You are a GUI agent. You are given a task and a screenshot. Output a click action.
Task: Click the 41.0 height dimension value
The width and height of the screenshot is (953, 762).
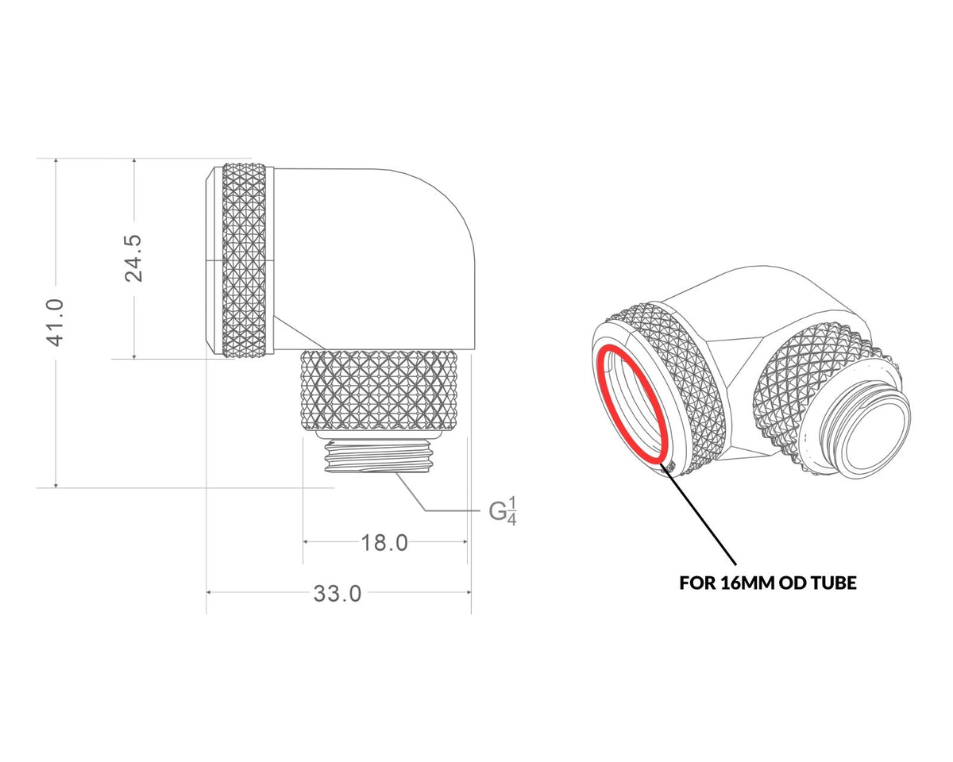pos(56,322)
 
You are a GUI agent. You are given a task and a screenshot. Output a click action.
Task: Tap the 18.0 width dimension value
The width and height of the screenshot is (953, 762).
pos(384,543)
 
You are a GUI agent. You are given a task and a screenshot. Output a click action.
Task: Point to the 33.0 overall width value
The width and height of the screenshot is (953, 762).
pos(338,594)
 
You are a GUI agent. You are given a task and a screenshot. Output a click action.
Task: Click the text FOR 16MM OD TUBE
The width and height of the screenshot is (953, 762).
pos(768,583)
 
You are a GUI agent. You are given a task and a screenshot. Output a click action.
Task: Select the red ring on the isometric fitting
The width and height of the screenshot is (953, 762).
pos(632,404)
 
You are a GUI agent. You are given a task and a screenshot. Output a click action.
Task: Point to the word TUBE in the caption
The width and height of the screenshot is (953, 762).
pos(831,583)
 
